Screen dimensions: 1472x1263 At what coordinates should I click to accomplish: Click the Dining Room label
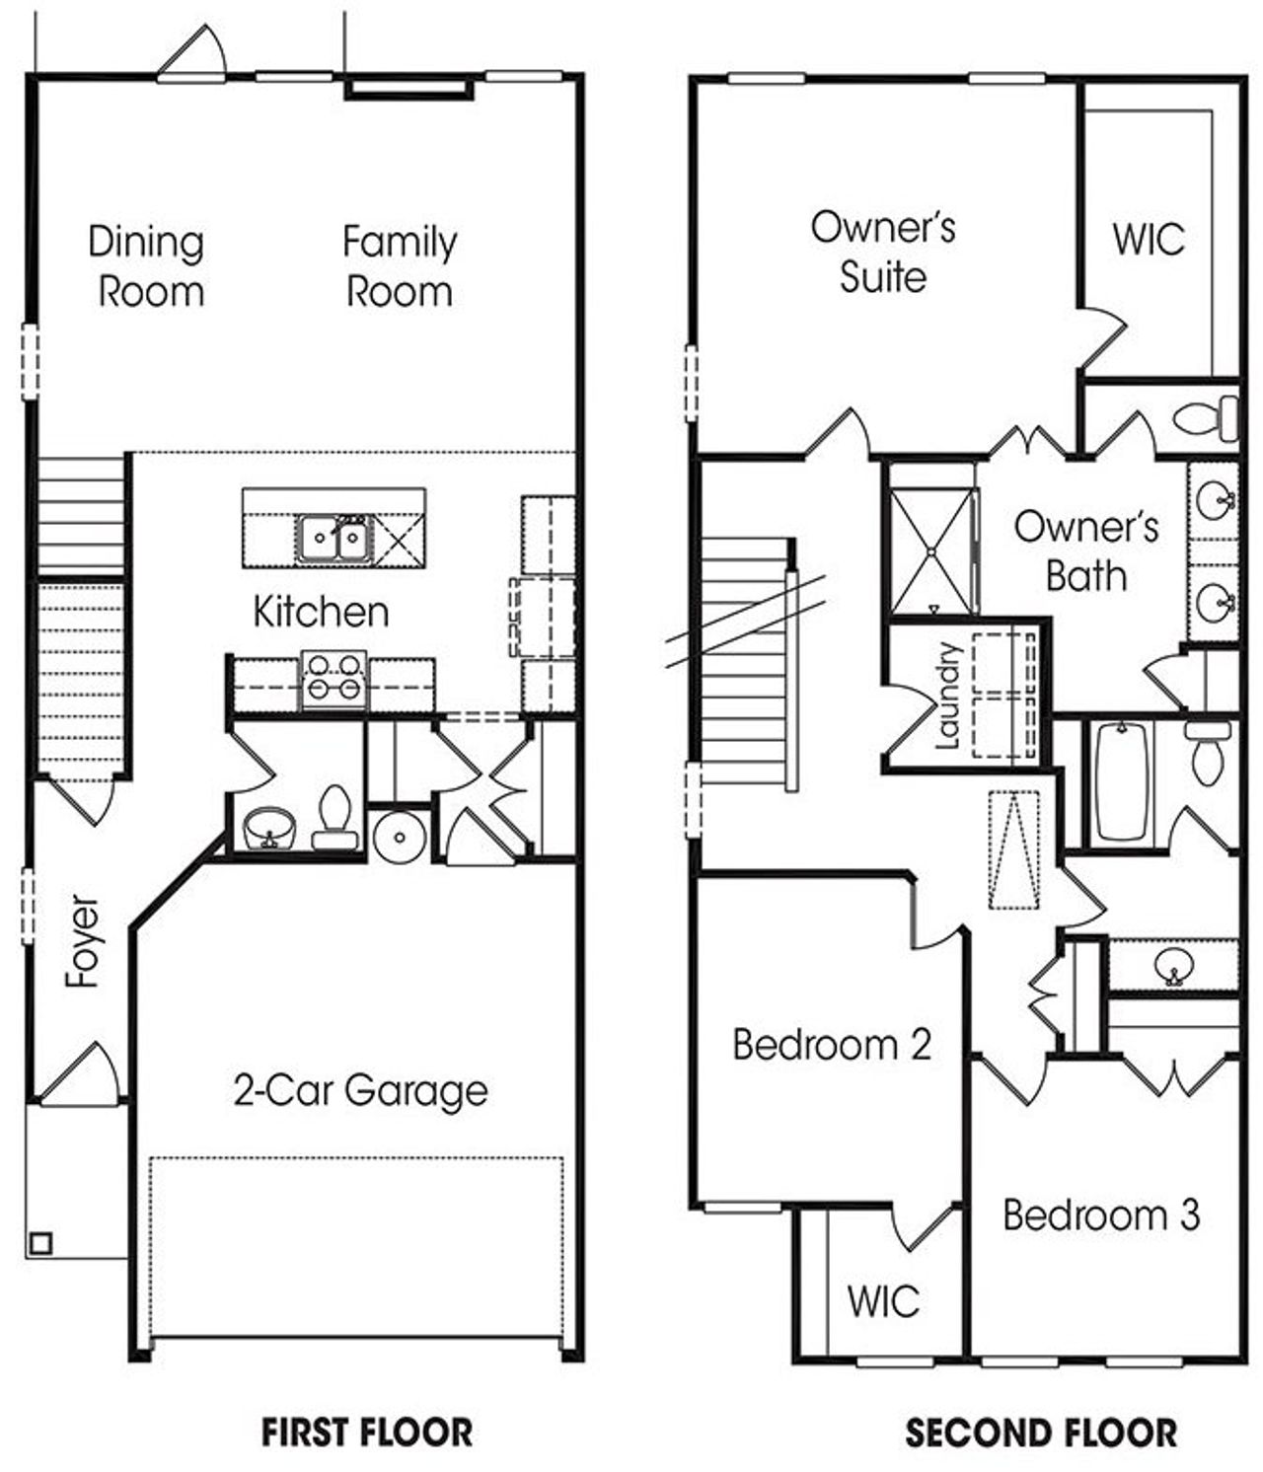[x=147, y=266]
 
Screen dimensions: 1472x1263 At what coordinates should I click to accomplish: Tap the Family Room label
[x=400, y=266]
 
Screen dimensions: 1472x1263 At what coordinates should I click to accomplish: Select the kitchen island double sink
[x=334, y=539]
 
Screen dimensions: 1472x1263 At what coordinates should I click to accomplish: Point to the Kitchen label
[x=321, y=612]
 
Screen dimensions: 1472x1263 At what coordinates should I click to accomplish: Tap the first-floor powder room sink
[x=267, y=828]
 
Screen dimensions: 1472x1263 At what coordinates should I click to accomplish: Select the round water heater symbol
[x=400, y=837]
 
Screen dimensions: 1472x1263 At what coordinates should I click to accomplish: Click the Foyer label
[x=84, y=941]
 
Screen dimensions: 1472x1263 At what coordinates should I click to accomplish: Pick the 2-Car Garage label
[x=360, y=1090]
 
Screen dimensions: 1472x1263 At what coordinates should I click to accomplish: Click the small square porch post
[x=40, y=1242]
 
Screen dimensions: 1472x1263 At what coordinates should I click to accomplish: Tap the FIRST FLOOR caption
[x=367, y=1432]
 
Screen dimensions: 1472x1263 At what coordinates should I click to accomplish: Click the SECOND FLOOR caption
[x=1041, y=1433]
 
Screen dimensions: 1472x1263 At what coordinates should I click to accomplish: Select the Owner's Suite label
[x=883, y=252]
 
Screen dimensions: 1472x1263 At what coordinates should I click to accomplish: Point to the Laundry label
[x=948, y=696]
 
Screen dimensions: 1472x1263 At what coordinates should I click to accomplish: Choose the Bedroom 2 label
[x=832, y=1044]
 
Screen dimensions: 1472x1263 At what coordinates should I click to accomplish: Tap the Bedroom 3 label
[x=1101, y=1214]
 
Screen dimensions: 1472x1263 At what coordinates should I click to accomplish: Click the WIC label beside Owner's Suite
[x=1149, y=240]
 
